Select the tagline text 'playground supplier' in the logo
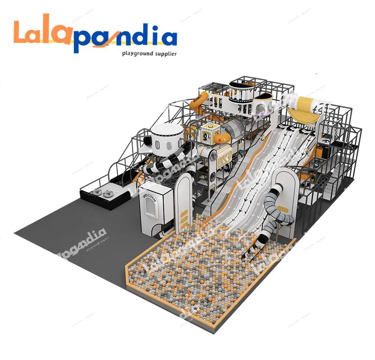pos(149,54)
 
